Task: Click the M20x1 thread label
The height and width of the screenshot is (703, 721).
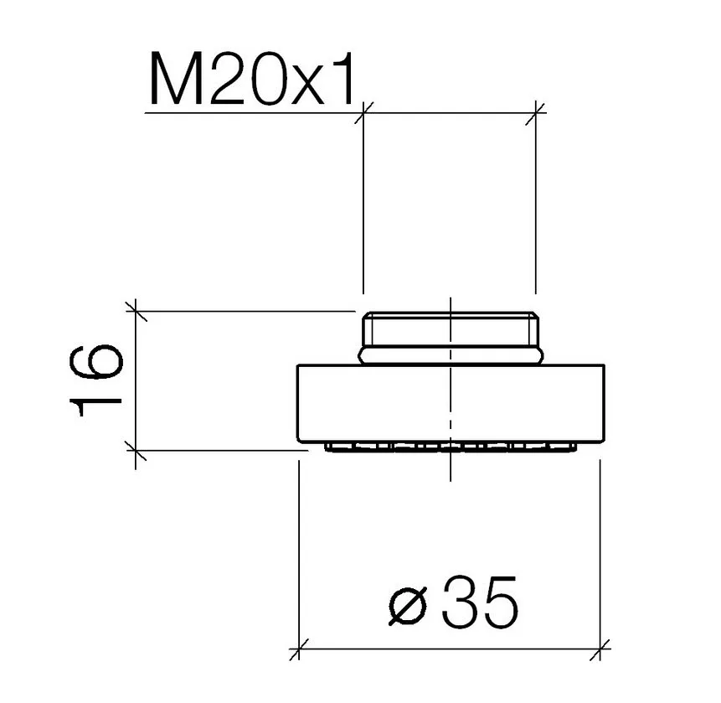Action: click(x=252, y=79)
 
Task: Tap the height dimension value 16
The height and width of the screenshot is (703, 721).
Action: click(x=96, y=381)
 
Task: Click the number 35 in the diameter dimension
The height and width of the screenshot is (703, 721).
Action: click(x=479, y=602)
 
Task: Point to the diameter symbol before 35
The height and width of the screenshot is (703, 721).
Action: click(x=408, y=606)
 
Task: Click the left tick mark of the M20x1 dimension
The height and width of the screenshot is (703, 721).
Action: click(x=363, y=113)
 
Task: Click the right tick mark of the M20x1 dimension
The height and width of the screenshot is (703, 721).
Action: click(x=536, y=113)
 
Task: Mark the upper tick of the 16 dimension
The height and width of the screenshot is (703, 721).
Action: click(x=136, y=311)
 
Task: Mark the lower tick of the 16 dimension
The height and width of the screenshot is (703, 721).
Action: click(x=136, y=450)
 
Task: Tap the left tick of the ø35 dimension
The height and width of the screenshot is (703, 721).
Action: click(x=299, y=649)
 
